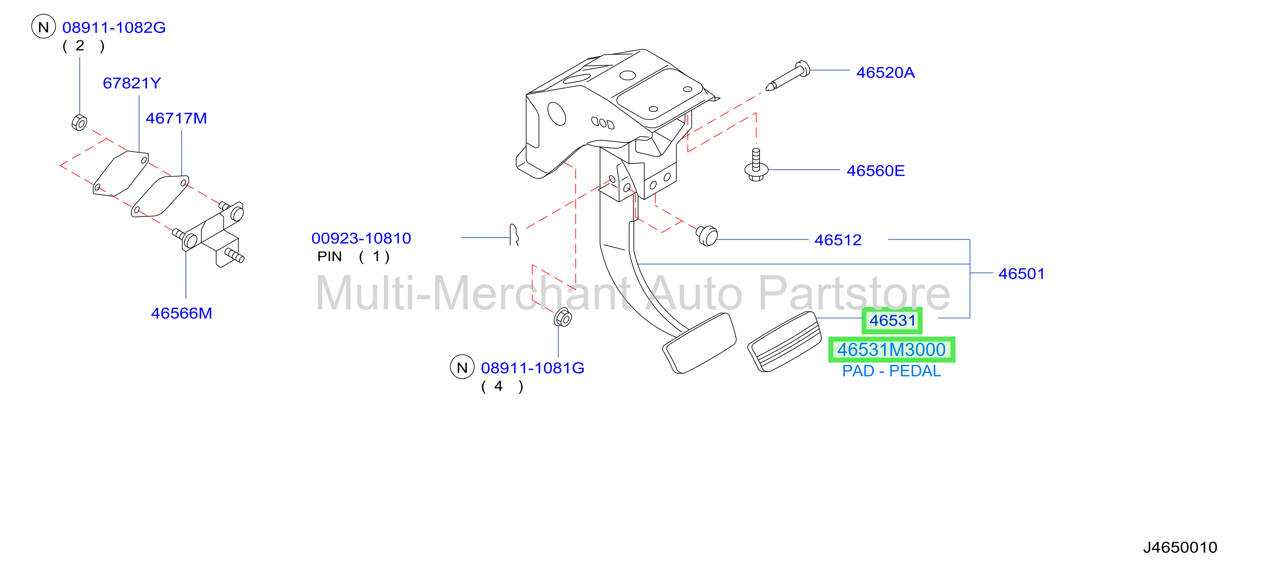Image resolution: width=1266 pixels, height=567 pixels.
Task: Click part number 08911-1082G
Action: [x=114, y=28]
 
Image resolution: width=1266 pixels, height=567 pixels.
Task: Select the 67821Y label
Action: [x=132, y=83]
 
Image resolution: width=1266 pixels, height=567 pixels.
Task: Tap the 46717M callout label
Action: [x=176, y=118]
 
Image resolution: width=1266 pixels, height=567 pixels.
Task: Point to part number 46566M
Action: [x=181, y=313]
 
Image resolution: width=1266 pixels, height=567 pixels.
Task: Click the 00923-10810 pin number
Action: [x=361, y=238]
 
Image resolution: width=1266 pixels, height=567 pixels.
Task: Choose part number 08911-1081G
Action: [x=533, y=368]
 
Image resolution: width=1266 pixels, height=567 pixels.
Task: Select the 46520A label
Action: [x=886, y=73]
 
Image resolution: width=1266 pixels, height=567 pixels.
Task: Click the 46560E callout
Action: [x=876, y=171]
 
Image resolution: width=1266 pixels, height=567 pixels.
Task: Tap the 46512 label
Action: [x=838, y=240]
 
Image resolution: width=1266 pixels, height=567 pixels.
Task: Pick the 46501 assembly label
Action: [x=1022, y=274]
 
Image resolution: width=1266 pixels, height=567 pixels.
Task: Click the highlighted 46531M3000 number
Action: [x=891, y=350]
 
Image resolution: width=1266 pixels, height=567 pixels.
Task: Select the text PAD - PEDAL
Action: [x=891, y=371]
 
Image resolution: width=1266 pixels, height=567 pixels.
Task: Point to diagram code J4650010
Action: [x=1180, y=548]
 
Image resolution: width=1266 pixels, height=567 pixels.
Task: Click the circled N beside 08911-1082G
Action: [x=44, y=27]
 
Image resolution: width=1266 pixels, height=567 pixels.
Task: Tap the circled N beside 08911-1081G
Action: [x=462, y=367]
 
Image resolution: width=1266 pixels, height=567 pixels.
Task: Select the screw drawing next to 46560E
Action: [x=757, y=165]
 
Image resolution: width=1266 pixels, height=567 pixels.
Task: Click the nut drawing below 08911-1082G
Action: [x=79, y=122]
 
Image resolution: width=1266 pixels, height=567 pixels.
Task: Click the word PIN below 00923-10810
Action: [x=329, y=257]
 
